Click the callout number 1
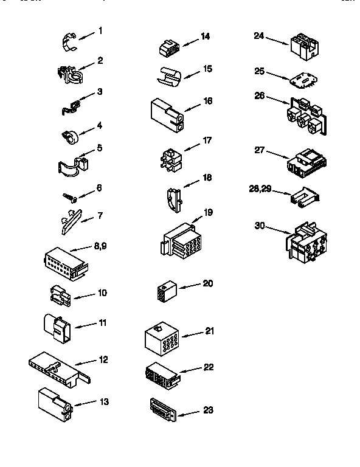pyautogui.click(x=100, y=30)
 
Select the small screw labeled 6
pyautogui.click(x=70, y=196)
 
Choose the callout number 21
pyautogui.click(x=210, y=331)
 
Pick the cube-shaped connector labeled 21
pyautogui.click(x=162, y=338)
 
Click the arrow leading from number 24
pyautogui.click(x=277, y=41)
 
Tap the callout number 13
pyautogui.click(x=104, y=401)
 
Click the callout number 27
pyautogui.click(x=260, y=150)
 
